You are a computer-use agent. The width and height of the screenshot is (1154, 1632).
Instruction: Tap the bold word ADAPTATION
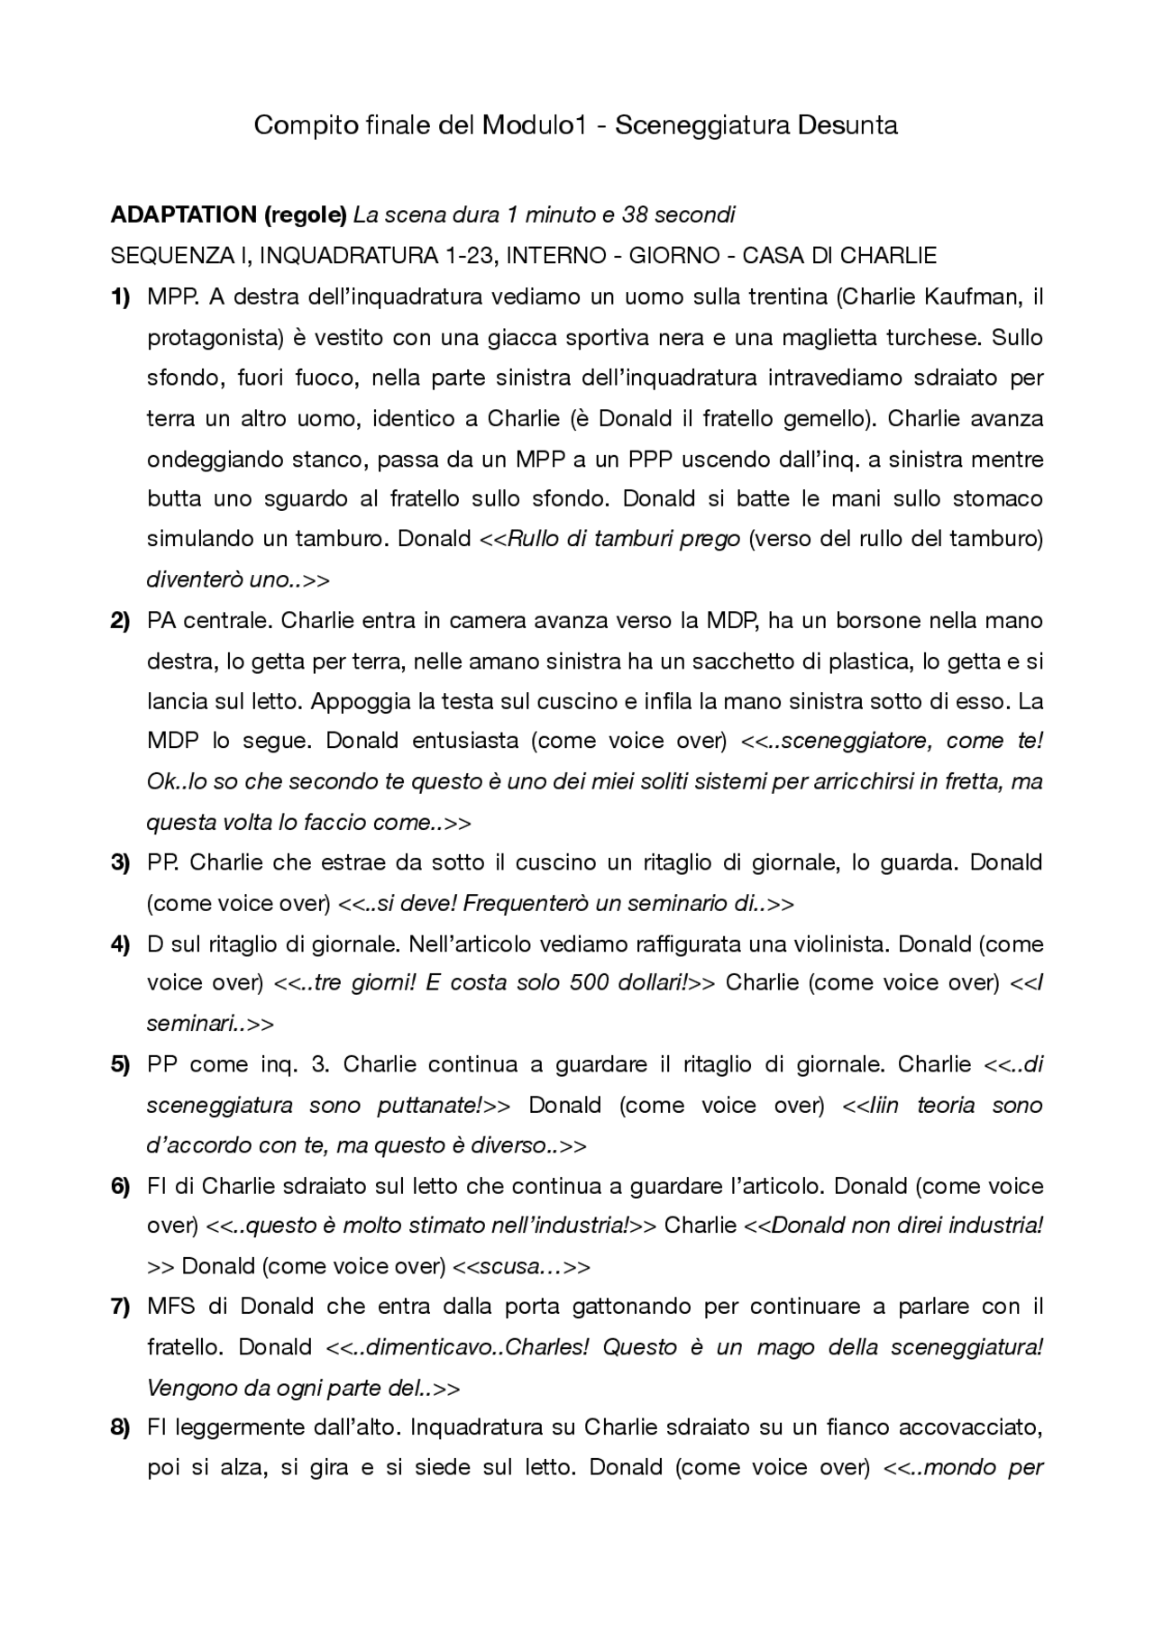point(183,215)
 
